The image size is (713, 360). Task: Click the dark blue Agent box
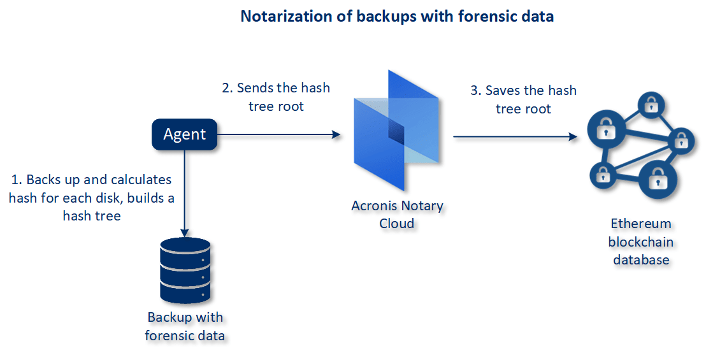click(184, 134)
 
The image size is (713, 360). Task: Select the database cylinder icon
click(185, 270)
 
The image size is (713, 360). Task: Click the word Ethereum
click(641, 224)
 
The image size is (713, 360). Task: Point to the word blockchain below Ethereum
click(641, 241)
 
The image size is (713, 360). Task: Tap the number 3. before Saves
click(475, 90)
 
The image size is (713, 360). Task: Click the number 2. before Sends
click(227, 88)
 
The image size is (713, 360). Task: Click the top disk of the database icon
click(185, 249)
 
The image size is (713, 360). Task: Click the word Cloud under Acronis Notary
click(397, 223)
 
